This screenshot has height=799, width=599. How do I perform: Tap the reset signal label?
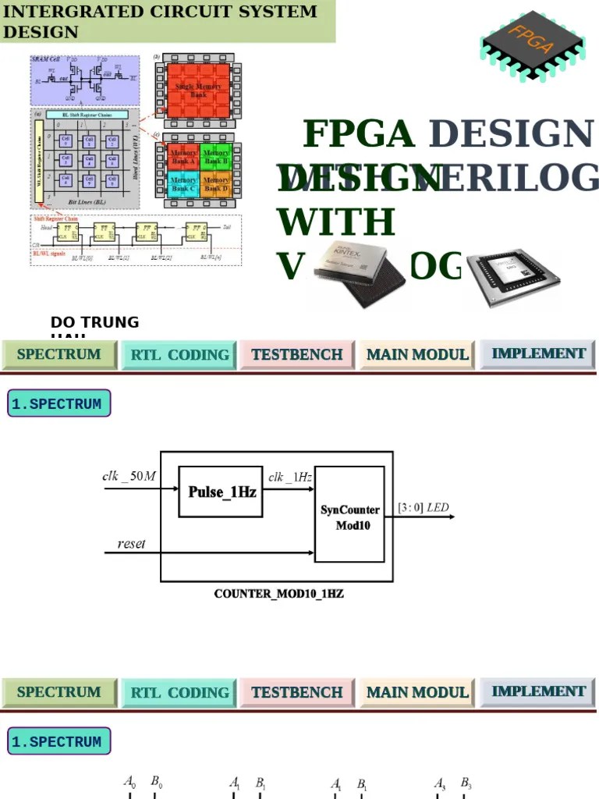[131, 544]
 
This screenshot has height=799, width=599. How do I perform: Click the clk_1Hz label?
[290, 477]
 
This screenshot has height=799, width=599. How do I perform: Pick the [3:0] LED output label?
[424, 508]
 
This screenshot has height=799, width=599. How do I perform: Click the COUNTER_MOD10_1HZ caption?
[278, 594]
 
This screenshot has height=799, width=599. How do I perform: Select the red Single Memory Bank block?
[198, 90]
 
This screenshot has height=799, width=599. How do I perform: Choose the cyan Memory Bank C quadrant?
[184, 184]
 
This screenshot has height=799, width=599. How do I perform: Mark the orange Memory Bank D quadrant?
[216, 184]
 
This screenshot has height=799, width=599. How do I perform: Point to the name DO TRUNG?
[94, 322]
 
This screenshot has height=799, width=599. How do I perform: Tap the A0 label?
[130, 781]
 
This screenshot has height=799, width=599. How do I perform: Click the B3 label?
[466, 782]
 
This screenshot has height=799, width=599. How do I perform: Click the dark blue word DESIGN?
[511, 134]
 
